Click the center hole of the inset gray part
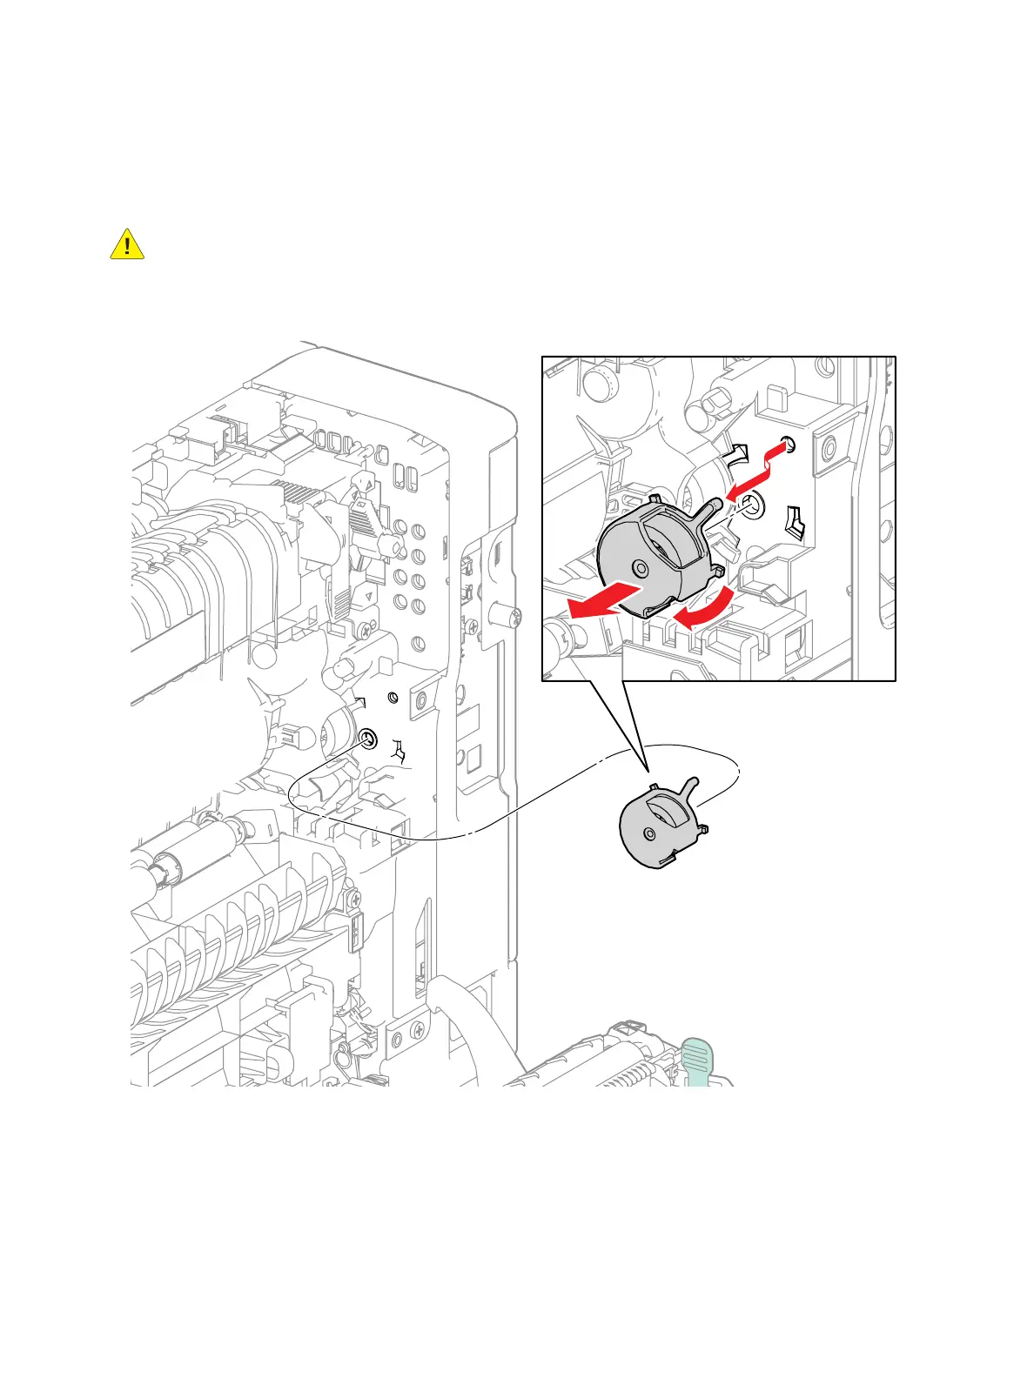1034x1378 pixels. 641,569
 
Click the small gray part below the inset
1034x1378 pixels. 659,823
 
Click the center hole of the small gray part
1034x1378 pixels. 648,833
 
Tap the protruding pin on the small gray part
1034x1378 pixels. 692,786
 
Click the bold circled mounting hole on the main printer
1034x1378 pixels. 367,739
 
